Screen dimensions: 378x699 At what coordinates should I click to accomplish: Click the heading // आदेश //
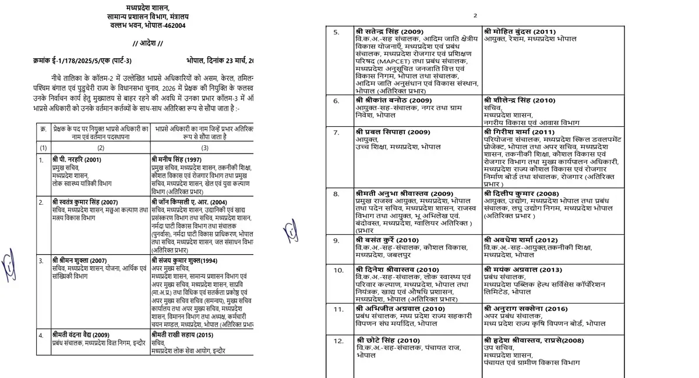148,44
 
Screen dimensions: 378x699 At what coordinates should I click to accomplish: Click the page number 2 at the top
475,16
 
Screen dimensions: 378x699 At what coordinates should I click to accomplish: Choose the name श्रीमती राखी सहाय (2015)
182,335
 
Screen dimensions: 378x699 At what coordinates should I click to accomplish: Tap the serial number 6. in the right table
336,101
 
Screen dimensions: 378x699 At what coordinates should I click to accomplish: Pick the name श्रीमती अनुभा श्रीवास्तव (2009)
404,193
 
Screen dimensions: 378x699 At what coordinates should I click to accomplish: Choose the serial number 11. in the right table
338,309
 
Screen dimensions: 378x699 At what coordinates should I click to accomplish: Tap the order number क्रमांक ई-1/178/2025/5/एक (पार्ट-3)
82,61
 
